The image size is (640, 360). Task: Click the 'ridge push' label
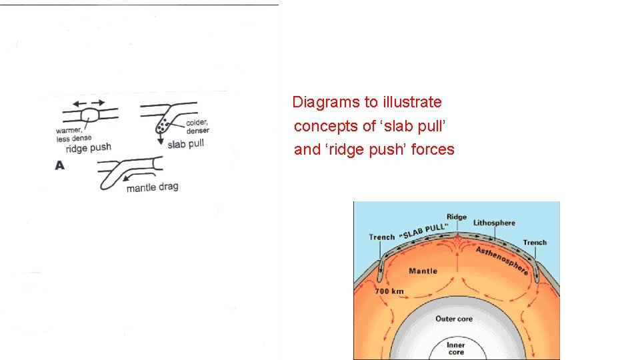click(88, 147)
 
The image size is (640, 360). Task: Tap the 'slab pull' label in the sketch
click(185, 144)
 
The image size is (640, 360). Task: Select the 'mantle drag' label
click(152, 187)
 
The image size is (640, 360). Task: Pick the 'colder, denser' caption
click(197, 126)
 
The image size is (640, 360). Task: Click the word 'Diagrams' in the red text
click(321, 102)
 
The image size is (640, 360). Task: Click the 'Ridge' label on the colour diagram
click(456, 217)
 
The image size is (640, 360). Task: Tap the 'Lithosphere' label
click(494, 223)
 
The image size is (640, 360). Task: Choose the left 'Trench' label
click(382, 237)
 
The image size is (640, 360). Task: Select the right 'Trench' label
click(535, 243)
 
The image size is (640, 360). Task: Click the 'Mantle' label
click(423, 271)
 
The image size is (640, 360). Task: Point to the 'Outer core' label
click(454, 319)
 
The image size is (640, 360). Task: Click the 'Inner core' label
click(456, 348)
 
